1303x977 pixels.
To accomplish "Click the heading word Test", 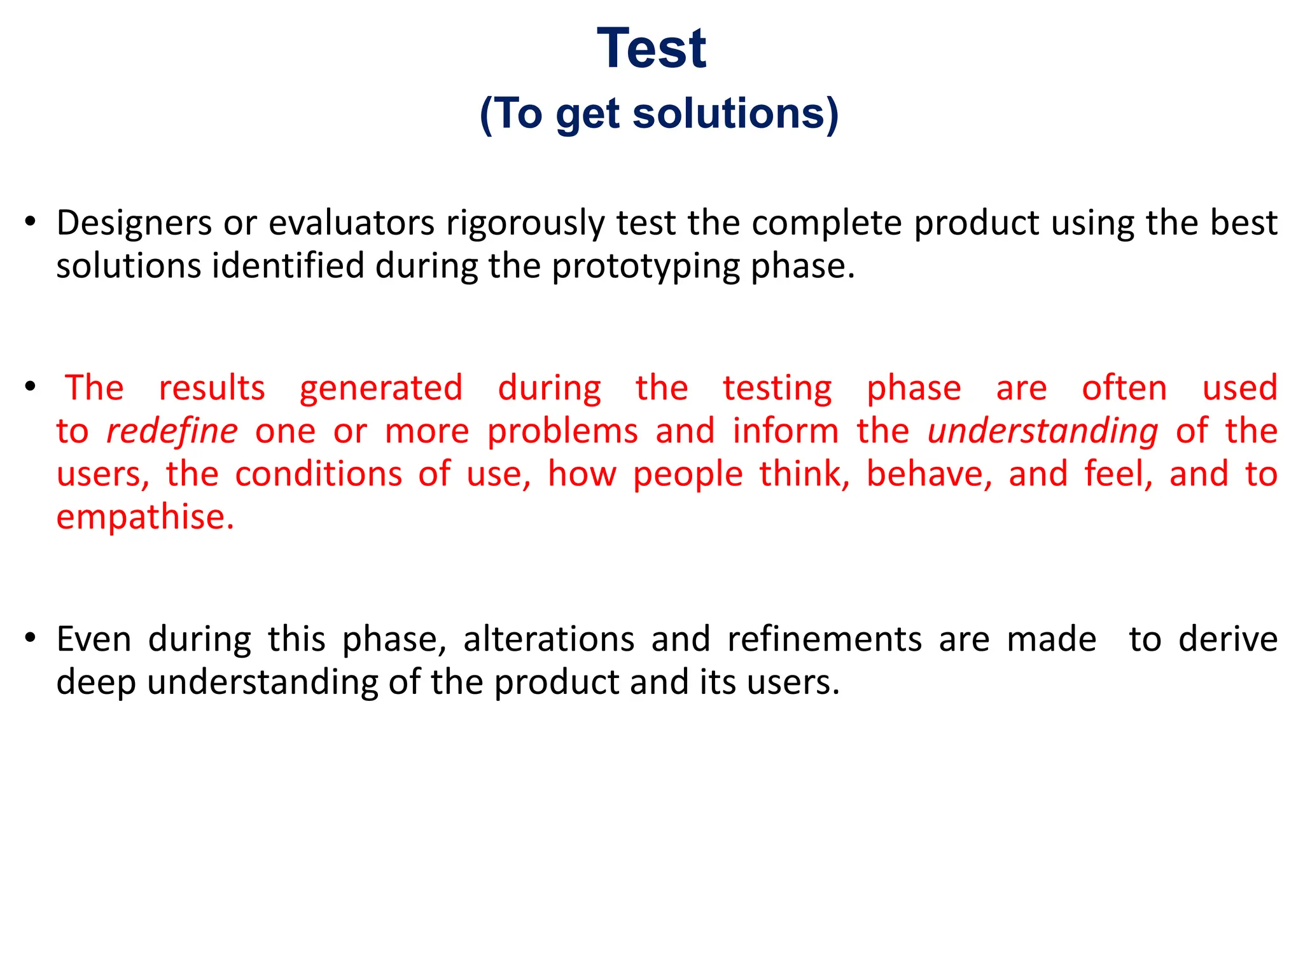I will click(651, 49).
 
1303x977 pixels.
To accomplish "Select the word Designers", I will click(134, 224).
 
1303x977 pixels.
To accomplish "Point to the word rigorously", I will click(525, 224).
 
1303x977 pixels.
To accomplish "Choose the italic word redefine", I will click(172, 431).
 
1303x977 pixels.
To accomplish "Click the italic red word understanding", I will click(1043, 431).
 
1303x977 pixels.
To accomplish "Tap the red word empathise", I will click(145, 516).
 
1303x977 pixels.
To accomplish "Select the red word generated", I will click(381, 389).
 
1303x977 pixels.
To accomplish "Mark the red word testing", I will click(777, 389).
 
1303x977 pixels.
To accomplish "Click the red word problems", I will click(562, 431).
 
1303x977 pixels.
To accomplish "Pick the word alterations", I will click(548, 639).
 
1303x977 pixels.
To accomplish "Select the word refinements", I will click(825, 639).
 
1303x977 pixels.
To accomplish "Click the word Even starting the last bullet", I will click(94, 639).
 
